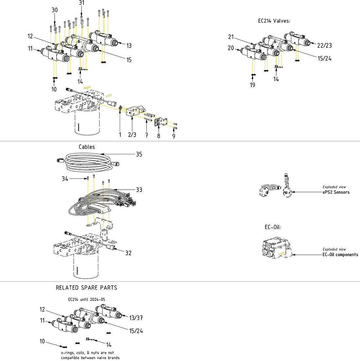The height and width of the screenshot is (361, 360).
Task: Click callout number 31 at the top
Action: [81, 3]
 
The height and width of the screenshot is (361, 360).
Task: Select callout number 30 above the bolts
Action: [55, 10]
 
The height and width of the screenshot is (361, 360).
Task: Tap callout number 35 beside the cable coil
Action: [139, 154]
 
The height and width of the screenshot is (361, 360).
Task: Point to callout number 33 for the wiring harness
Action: [139, 190]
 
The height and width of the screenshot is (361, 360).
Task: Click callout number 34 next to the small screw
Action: [65, 179]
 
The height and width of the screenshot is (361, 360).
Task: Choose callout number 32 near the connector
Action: [128, 253]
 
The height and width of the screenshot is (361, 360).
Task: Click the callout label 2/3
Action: [132, 135]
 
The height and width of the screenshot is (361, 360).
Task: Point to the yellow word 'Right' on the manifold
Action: [87, 88]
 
